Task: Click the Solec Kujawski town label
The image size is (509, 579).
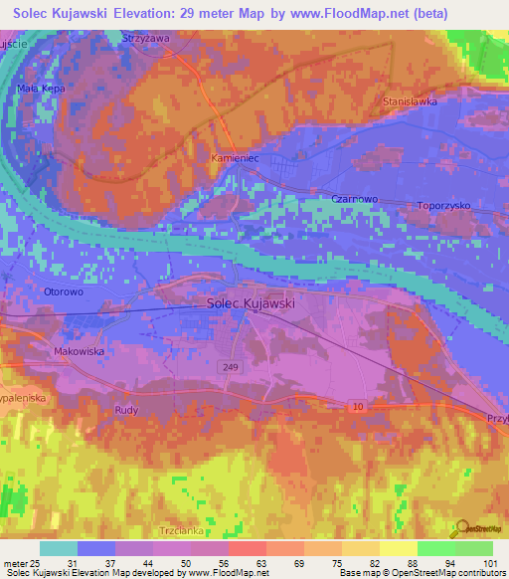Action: [251, 303]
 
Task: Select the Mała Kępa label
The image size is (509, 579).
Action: [42, 89]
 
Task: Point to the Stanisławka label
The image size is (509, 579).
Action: [411, 101]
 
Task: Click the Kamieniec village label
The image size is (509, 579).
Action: [234, 158]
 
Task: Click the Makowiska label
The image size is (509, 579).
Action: [79, 351]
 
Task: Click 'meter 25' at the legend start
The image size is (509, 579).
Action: [20, 562]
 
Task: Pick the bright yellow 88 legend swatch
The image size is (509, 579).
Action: [398, 548]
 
